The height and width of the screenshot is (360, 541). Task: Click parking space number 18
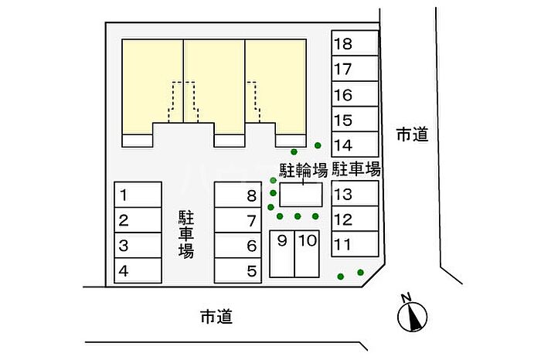click(354, 44)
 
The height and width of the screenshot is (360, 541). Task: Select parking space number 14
click(354, 144)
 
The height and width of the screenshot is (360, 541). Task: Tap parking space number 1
click(138, 195)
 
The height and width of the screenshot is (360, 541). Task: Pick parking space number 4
click(138, 271)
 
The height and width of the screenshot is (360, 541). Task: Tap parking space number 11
click(354, 245)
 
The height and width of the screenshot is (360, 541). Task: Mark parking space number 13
click(354, 194)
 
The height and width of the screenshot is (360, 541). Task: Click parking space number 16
click(354, 95)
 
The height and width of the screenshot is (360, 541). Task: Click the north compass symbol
click(413, 315)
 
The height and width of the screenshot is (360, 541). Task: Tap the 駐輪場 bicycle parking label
click(302, 168)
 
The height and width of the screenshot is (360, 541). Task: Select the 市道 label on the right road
click(412, 134)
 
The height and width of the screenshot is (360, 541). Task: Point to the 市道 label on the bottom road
click(216, 316)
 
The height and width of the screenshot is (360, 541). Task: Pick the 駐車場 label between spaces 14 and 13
click(356, 168)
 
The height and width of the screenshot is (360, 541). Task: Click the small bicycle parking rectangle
click(301, 194)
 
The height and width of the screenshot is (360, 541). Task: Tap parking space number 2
click(138, 221)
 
